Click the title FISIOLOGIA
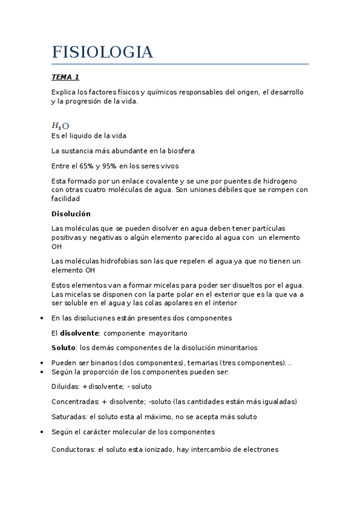click(102, 52)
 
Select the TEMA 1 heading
click(66, 77)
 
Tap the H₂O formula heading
click(61, 126)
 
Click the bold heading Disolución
click(71, 214)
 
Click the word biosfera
click(180, 151)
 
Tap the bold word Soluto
click(64, 348)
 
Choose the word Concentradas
click(75, 402)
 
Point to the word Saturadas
click(69, 417)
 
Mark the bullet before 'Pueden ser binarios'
click(40, 363)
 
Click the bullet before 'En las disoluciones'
click(40, 318)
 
